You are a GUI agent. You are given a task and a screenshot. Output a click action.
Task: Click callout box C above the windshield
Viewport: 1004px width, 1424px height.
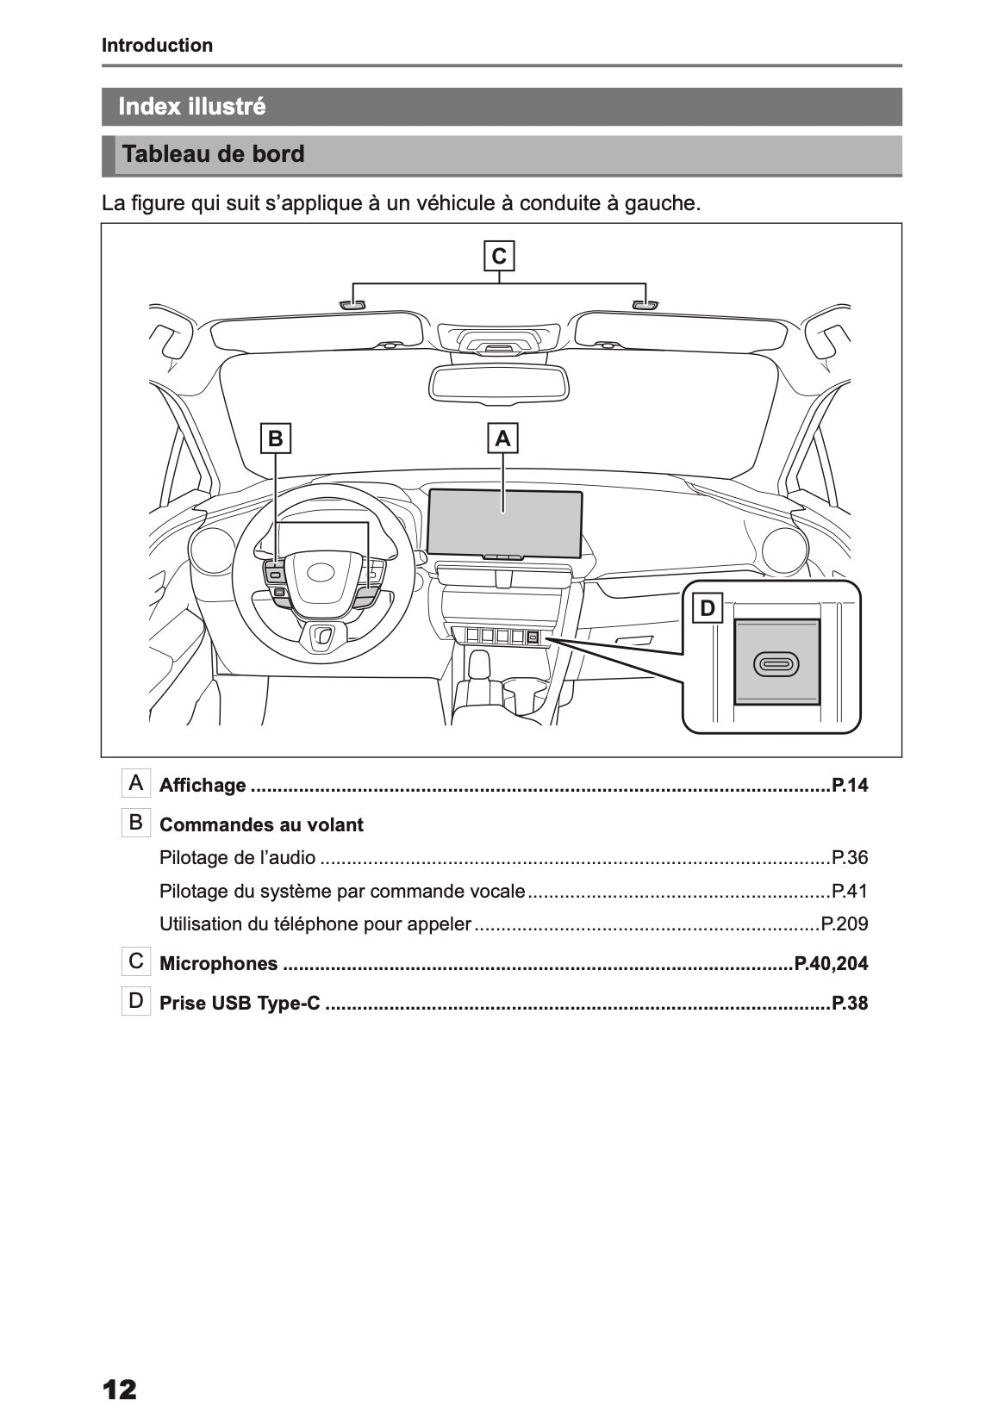tap(498, 257)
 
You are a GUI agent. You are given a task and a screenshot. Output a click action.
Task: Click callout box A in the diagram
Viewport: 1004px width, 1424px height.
tap(502, 438)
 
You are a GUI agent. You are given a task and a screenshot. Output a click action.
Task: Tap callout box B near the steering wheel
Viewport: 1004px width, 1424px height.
tap(276, 438)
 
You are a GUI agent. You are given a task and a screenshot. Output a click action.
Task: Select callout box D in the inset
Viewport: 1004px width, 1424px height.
tap(708, 608)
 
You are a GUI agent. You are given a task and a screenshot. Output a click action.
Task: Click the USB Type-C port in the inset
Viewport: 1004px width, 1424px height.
tap(776, 663)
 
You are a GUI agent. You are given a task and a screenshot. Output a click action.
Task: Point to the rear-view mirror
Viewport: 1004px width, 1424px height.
tap(499, 382)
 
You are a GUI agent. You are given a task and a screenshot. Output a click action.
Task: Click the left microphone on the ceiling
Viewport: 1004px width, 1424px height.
tap(352, 304)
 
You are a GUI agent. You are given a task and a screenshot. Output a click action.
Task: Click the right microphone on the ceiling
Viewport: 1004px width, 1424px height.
tap(645, 304)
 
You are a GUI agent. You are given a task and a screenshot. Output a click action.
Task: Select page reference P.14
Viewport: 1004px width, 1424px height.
tap(849, 785)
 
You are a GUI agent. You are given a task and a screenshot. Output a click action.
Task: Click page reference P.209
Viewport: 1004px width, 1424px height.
tap(844, 924)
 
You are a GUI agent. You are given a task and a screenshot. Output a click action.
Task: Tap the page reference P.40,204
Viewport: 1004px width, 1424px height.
tap(831, 963)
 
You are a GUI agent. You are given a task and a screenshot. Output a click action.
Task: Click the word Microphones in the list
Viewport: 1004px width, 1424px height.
tap(219, 963)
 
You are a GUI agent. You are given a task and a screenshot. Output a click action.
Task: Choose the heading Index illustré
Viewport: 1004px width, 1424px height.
tap(192, 107)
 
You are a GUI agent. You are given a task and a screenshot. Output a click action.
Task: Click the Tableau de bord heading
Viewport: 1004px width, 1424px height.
tap(214, 154)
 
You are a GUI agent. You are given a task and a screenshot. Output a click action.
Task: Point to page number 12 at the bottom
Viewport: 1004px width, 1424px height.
tap(119, 1389)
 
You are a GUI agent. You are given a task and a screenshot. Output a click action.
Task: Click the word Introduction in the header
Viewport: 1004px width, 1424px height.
tap(157, 46)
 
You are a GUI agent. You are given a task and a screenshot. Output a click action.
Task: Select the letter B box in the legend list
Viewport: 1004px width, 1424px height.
tap(136, 823)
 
